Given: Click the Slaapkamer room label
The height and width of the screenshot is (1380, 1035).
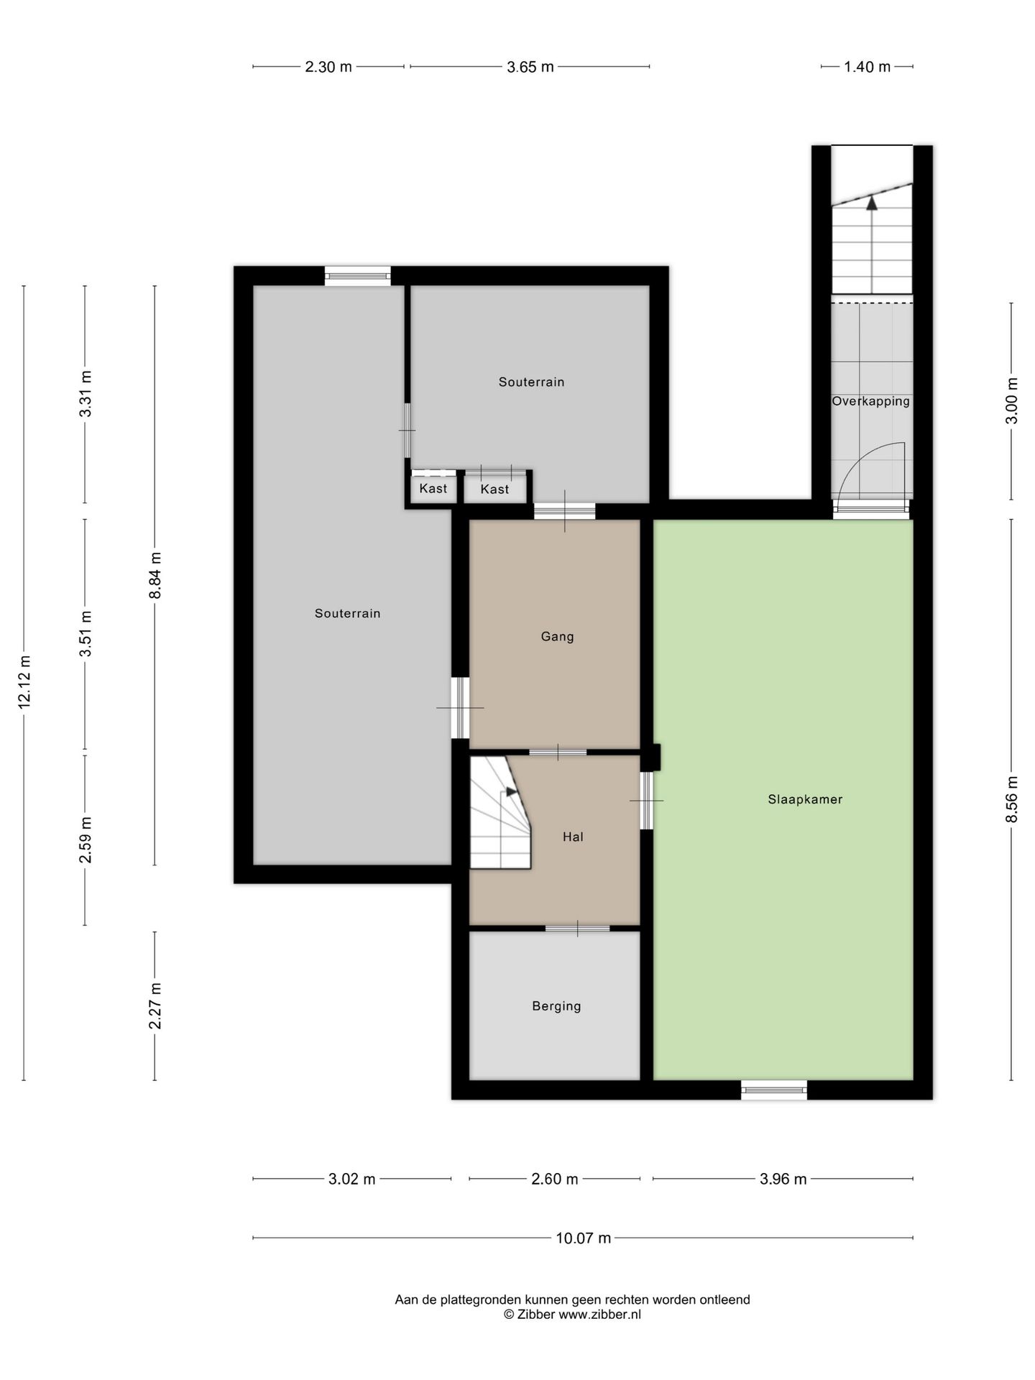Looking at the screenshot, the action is pyautogui.click(x=805, y=799).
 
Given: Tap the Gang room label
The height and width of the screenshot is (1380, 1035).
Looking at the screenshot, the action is pyautogui.click(x=557, y=637).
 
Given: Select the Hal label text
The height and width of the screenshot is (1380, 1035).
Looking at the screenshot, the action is pyautogui.click(x=573, y=837).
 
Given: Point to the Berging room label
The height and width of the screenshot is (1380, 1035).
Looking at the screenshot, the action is pyautogui.click(x=556, y=1006).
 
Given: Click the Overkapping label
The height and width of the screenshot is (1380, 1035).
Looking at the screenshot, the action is pyautogui.click(x=870, y=402).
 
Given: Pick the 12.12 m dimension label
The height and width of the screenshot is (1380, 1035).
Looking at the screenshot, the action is pyautogui.click(x=24, y=682).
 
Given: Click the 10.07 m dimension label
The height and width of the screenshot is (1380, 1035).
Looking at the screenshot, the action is pyautogui.click(x=583, y=1238).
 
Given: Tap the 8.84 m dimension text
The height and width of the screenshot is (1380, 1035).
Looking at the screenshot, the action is pyautogui.click(x=155, y=575).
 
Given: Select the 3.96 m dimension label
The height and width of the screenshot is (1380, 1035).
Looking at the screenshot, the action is pyautogui.click(x=783, y=1179).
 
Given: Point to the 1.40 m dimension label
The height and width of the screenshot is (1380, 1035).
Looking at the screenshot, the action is pyautogui.click(x=867, y=67).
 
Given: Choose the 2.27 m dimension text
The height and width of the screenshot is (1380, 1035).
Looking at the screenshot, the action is pyautogui.click(x=155, y=1006).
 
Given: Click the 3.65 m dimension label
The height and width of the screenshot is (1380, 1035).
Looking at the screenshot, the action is pyautogui.click(x=530, y=67).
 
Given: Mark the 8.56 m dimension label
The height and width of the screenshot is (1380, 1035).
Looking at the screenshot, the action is pyautogui.click(x=1011, y=799).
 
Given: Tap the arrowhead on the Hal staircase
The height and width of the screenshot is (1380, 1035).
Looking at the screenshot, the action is pyautogui.click(x=511, y=791).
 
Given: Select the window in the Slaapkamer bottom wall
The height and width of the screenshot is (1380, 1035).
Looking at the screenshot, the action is pyautogui.click(x=774, y=1090).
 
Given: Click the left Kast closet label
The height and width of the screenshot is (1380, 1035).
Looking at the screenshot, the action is pyautogui.click(x=433, y=489).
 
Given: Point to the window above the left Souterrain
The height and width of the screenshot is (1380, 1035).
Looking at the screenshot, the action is pyautogui.click(x=357, y=276).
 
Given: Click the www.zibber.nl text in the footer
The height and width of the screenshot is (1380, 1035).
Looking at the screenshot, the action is pyautogui.click(x=599, y=1315).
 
